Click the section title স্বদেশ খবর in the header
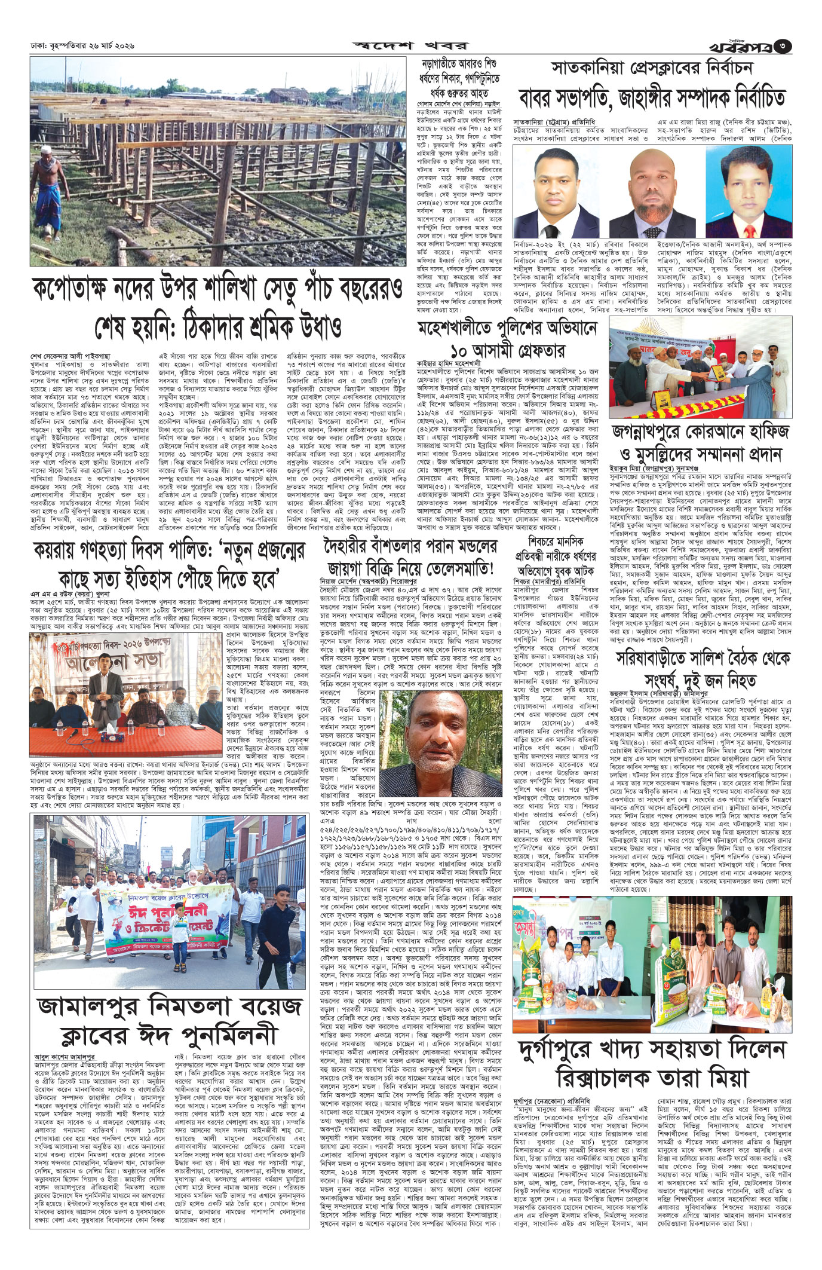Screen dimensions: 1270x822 tap(412, 45)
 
